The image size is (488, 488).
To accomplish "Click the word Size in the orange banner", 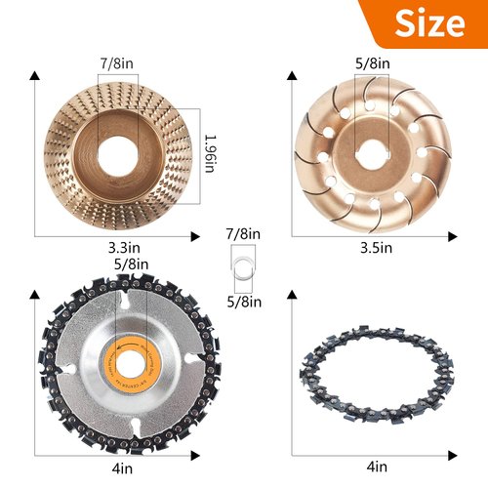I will tap(429, 24).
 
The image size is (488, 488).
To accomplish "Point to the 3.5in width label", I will tap(375, 250).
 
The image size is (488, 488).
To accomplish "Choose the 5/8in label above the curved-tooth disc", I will tap(375, 63).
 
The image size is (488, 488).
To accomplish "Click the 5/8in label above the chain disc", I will tap(131, 264).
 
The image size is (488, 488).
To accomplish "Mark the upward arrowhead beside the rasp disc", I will tap(36, 75).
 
